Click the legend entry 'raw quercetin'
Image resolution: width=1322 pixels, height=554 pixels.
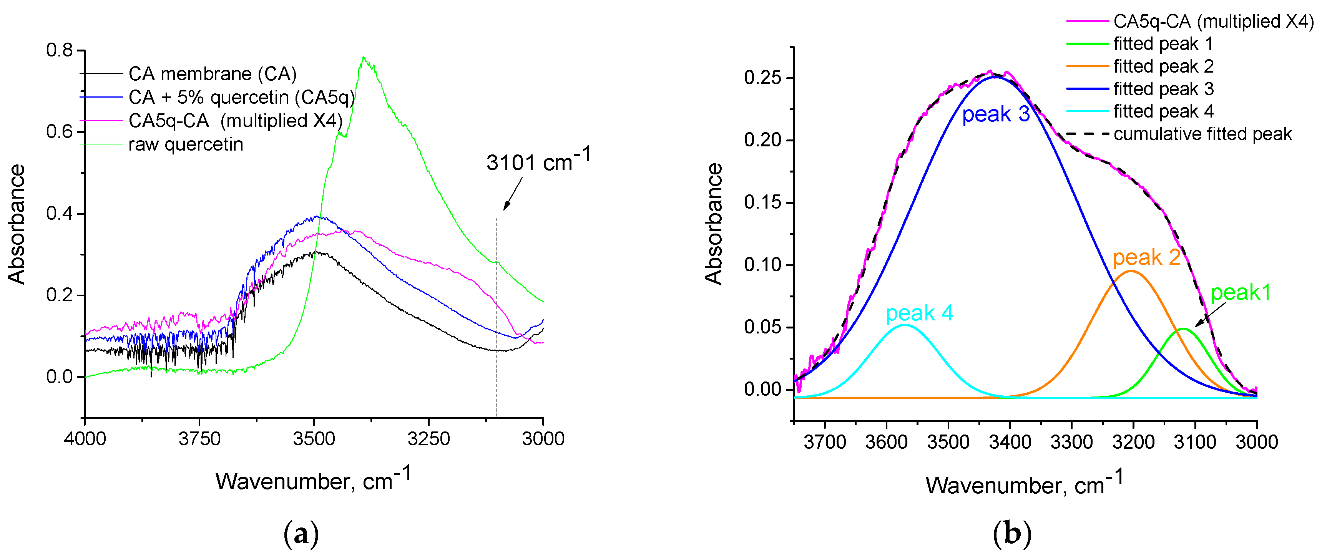point(185,145)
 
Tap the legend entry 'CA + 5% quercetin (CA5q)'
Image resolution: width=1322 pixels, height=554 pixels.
point(241,98)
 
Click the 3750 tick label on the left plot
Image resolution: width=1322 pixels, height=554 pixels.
point(199,439)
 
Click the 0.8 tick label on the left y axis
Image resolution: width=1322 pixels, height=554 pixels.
point(60,50)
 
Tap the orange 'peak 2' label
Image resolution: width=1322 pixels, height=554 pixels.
point(1146,257)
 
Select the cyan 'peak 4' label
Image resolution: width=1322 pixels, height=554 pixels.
point(919,313)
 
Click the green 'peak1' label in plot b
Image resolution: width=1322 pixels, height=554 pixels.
point(1241,293)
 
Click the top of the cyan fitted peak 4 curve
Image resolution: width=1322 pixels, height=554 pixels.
point(905,325)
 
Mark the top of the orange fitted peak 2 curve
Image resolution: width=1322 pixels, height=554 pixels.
point(1131,271)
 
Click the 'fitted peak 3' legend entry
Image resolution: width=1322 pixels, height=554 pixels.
point(1163,89)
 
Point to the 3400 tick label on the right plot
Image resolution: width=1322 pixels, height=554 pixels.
point(1010,442)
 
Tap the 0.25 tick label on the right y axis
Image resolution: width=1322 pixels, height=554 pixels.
point(762,78)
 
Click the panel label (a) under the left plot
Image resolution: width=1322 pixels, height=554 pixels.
point(301,534)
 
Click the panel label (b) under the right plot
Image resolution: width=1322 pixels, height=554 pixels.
point(1011,534)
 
